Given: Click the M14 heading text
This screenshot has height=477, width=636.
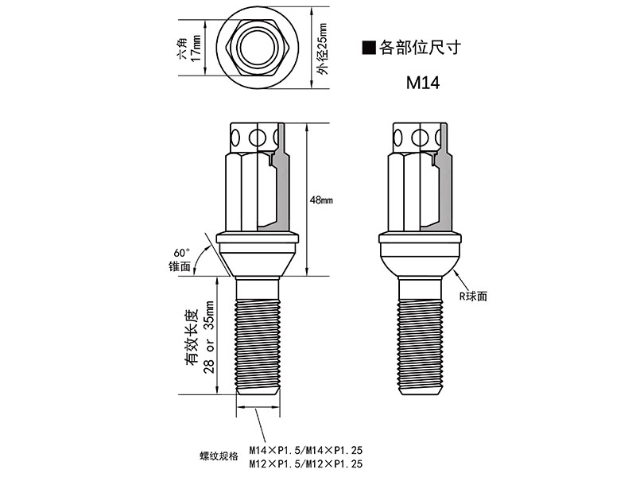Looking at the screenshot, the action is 423,83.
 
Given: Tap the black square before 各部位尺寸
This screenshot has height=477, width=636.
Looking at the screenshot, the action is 369,48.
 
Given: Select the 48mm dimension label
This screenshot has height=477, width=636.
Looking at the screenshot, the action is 321,200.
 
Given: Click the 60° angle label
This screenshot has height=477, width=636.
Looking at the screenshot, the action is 182,253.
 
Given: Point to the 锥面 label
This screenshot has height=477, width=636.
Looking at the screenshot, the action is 180,266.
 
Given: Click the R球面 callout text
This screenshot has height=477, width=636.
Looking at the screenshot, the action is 473,296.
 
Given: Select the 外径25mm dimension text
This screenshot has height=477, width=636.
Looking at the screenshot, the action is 323,48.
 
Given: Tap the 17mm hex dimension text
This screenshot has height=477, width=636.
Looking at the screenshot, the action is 196,48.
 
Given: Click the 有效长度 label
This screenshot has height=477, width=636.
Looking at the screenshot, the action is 192,337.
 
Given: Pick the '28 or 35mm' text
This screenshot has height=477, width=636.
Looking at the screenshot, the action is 210,337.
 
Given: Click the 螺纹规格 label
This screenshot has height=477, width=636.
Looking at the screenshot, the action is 219,456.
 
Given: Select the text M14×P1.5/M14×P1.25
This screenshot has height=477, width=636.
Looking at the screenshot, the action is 306,450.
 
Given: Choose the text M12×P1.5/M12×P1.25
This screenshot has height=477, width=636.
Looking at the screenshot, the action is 306,463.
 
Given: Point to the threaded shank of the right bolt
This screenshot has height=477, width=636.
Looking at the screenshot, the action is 420,346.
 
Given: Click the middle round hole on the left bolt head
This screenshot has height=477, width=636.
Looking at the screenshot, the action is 257,138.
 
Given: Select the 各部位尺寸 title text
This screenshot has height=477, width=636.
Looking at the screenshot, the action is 421,48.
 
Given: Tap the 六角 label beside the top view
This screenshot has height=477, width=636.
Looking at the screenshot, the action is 183,48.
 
